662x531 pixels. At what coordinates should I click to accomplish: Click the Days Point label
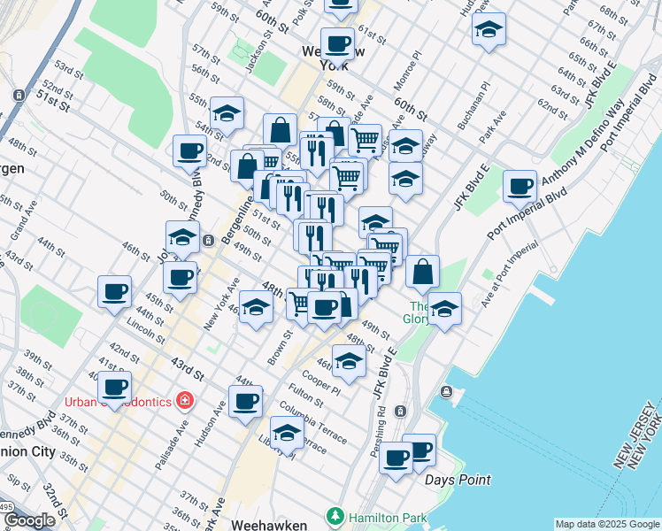457,480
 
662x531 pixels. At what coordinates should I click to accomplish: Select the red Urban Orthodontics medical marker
184,401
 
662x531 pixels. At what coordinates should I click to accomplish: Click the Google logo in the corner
28,520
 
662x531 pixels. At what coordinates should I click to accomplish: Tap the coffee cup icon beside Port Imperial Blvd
520,187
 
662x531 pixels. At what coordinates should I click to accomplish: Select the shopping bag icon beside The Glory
423,273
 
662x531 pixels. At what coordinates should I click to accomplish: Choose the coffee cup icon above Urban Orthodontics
114,386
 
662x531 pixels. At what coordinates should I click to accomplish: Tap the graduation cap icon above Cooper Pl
349,361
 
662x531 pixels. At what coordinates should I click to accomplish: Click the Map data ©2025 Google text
607,524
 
